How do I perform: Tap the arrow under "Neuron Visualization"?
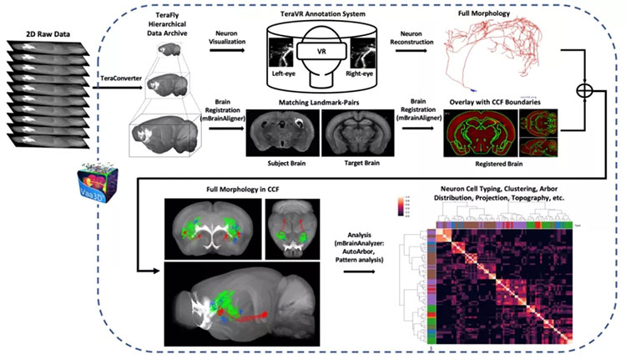[x=227, y=51]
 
